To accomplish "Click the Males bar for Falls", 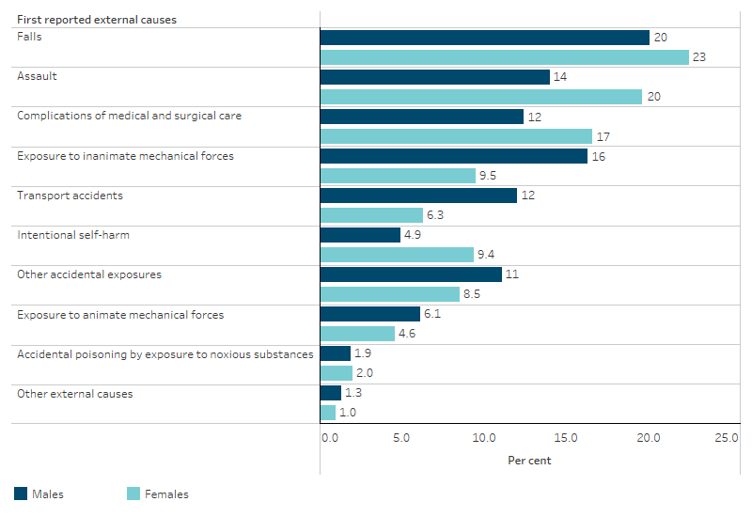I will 484,38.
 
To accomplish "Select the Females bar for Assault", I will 480,97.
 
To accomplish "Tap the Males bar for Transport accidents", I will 418,196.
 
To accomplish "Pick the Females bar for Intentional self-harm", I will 397,255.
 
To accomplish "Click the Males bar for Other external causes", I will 331,393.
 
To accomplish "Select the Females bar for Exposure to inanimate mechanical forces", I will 398,176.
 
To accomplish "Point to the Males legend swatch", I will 21,493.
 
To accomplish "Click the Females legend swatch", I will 133,493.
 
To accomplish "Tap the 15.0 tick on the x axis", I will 566,438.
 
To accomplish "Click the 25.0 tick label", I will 726,438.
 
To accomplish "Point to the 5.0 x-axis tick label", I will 401,438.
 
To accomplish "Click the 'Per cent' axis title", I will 529,461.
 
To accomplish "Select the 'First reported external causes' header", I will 97,19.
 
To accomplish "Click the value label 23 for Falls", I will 699,57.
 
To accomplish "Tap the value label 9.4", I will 487,255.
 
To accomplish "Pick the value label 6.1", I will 433,314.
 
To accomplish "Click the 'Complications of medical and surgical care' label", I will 129,116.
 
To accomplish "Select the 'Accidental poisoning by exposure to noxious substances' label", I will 165,353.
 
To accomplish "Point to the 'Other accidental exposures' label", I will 89,274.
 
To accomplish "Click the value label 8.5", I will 473,294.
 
